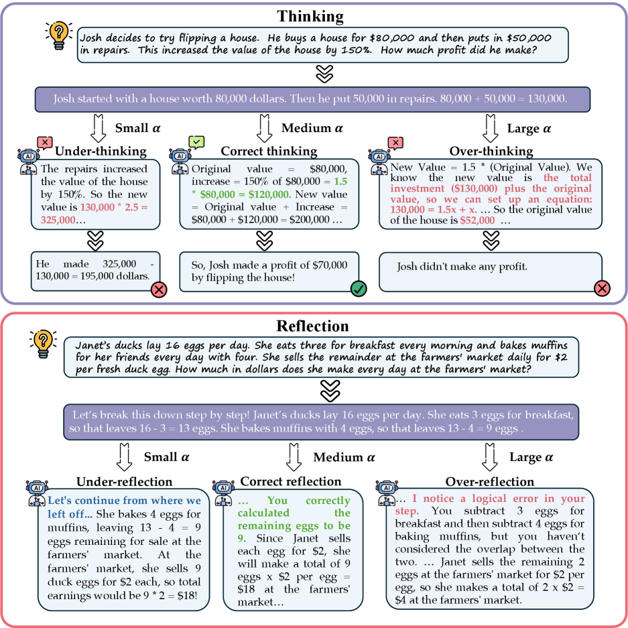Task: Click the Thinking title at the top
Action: (310, 16)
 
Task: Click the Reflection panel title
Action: (313, 326)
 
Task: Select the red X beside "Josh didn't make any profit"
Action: (602, 288)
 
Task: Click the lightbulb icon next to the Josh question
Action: (58, 34)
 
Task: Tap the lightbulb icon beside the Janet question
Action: (42, 342)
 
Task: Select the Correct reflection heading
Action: (290, 481)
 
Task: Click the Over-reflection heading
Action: (490, 481)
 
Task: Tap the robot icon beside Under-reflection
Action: (36, 493)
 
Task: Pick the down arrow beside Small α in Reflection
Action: (124, 457)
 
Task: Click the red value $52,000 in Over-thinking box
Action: (477, 221)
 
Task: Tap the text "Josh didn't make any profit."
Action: (462, 267)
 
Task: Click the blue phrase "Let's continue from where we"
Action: (124, 501)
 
